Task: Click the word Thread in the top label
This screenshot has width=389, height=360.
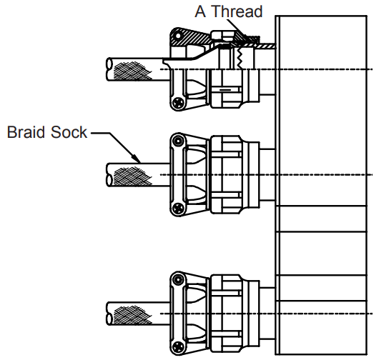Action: pos(237,11)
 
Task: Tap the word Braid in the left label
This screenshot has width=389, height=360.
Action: pos(26,132)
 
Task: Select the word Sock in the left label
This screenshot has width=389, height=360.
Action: pos(71,132)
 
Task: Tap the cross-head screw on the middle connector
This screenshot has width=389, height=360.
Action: pos(177,209)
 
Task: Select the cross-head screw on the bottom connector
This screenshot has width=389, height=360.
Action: pos(177,348)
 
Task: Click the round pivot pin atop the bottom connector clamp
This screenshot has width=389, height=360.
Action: pos(177,281)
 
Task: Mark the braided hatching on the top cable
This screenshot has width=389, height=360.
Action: pos(133,69)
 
